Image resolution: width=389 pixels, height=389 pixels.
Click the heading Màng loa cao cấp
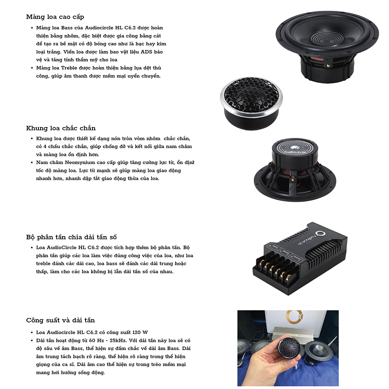[55, 17]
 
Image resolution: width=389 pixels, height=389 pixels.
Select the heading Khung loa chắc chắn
[61, 128]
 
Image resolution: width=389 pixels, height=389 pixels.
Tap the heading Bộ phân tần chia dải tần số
[71, 237]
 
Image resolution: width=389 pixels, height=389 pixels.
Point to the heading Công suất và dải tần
[61, 320]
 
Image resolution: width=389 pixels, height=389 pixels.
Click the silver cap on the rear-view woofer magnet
[296, 147]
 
